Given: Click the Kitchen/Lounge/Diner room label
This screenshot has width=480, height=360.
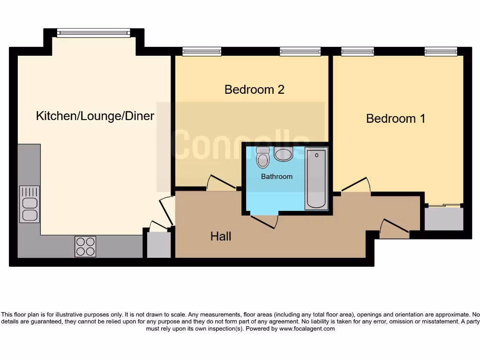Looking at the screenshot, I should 95,116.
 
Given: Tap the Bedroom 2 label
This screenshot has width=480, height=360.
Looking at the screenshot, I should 254,89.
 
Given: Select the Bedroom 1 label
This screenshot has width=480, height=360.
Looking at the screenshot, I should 396,119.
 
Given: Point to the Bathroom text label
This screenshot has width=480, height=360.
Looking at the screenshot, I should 277,177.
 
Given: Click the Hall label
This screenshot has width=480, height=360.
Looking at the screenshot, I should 220,237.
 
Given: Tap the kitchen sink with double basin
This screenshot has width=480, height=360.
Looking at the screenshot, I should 30,204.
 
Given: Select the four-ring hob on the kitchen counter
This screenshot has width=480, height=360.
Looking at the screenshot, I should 85,246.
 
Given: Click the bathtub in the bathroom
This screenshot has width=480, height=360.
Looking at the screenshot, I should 316,178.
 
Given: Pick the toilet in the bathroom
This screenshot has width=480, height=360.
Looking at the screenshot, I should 263,157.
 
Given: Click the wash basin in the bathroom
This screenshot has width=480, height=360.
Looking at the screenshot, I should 284,154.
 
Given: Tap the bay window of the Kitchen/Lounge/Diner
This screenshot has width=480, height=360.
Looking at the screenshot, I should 93,33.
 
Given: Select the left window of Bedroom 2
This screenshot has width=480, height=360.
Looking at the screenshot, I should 202,52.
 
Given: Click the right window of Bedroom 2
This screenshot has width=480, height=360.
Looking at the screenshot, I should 300,52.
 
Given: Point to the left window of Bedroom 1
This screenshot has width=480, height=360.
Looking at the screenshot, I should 358,52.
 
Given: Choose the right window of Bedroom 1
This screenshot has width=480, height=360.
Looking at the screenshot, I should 441,52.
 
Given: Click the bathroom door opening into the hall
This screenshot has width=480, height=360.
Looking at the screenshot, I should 264,221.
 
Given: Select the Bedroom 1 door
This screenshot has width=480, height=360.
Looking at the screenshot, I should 355,186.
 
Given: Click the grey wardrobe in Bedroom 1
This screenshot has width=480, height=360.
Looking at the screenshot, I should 444,219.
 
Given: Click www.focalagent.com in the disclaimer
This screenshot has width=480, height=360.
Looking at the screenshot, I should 307,329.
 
